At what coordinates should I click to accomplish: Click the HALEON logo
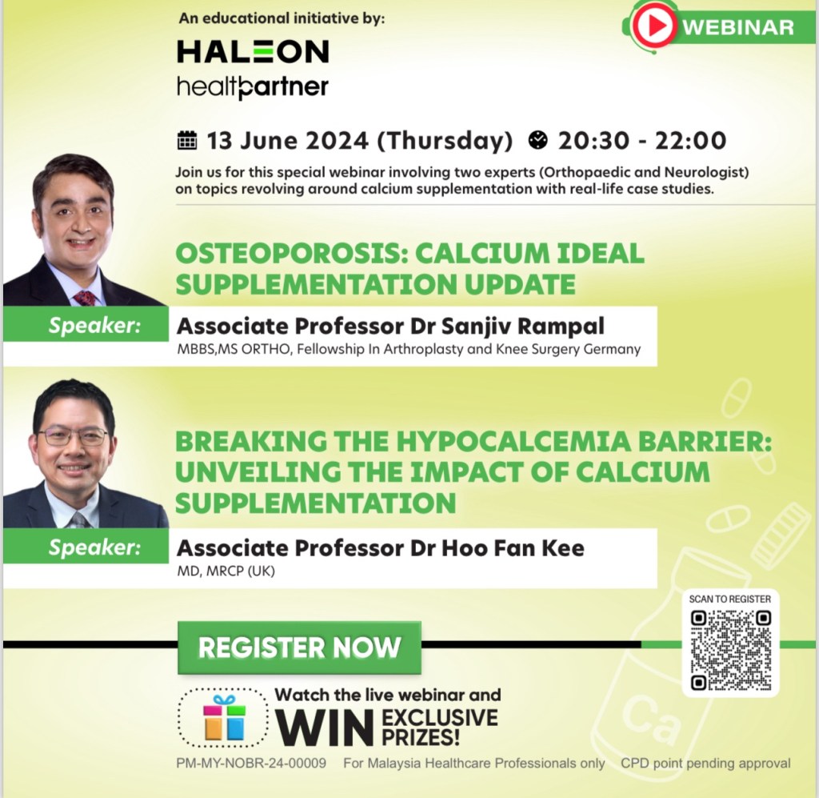pyautogui.click(x=253, y=51)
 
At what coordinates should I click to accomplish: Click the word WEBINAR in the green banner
pyautogui.click(x=738, y=27)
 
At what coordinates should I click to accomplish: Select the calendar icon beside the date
pyautogui.click(x=187, y=140)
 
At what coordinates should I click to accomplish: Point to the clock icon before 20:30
pyautogui.click(x=538, y=140)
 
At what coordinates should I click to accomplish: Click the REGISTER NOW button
pyautogui.click(x=299, y=648)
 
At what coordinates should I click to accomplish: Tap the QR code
pyautogui.click(x=731, y=650)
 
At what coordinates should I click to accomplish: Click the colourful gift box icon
pyautogui.click(x=225, y=718)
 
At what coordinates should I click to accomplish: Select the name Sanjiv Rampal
pyautogui.click(x=523, y=326)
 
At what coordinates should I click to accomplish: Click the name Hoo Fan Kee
pyautogui.click(x=513, y=548)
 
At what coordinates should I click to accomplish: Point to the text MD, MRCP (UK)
pyautogui.click(x=226, y=571)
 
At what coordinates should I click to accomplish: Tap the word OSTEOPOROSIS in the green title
pyautogui.click(x=290, y=254)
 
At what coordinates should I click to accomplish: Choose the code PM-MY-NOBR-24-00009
pyautogui.click(x=251, y=763)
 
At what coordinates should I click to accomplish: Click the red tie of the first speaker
pyautogui.click(x=85, y=298)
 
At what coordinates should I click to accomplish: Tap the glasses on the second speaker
pyautogui.click(x=73, y=437)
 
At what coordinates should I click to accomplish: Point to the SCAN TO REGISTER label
pyautogui.click(x=729, y=599)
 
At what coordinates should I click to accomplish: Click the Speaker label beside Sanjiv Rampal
pyautogui.click(x=94, y=326)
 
